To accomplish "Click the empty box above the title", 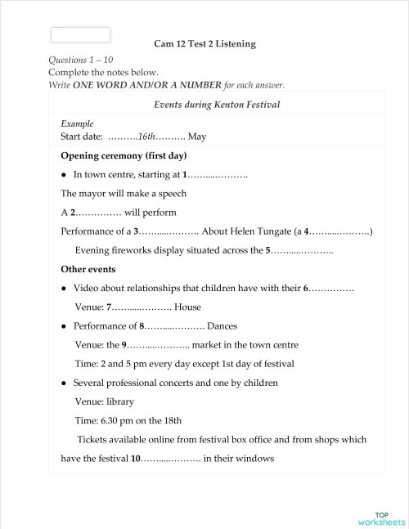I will click(80, 34).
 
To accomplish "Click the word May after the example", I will click(197, 137).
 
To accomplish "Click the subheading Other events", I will click(88, 269).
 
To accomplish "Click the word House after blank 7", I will click(187, 307).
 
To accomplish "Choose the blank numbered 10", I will click(168, 459).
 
